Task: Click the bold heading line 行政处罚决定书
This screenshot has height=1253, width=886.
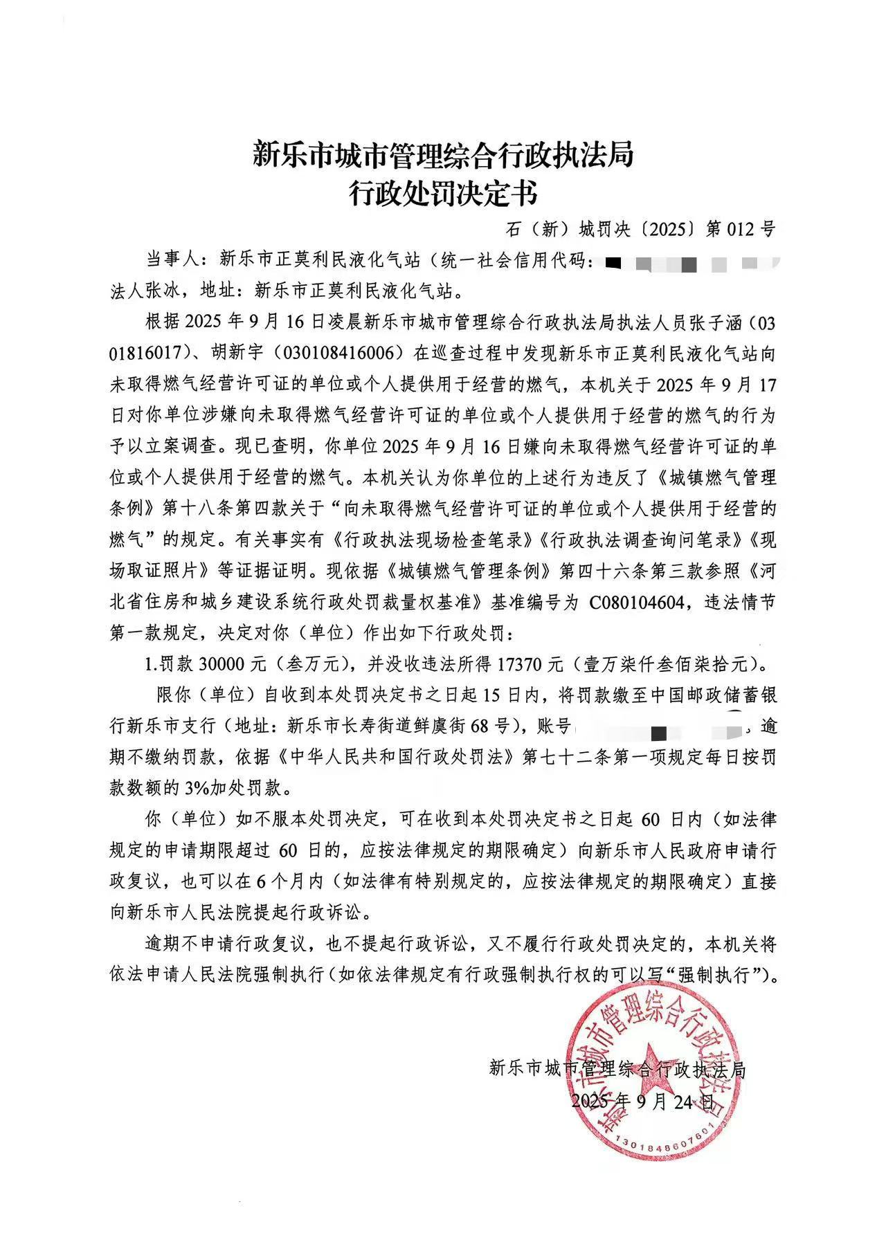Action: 442,194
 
